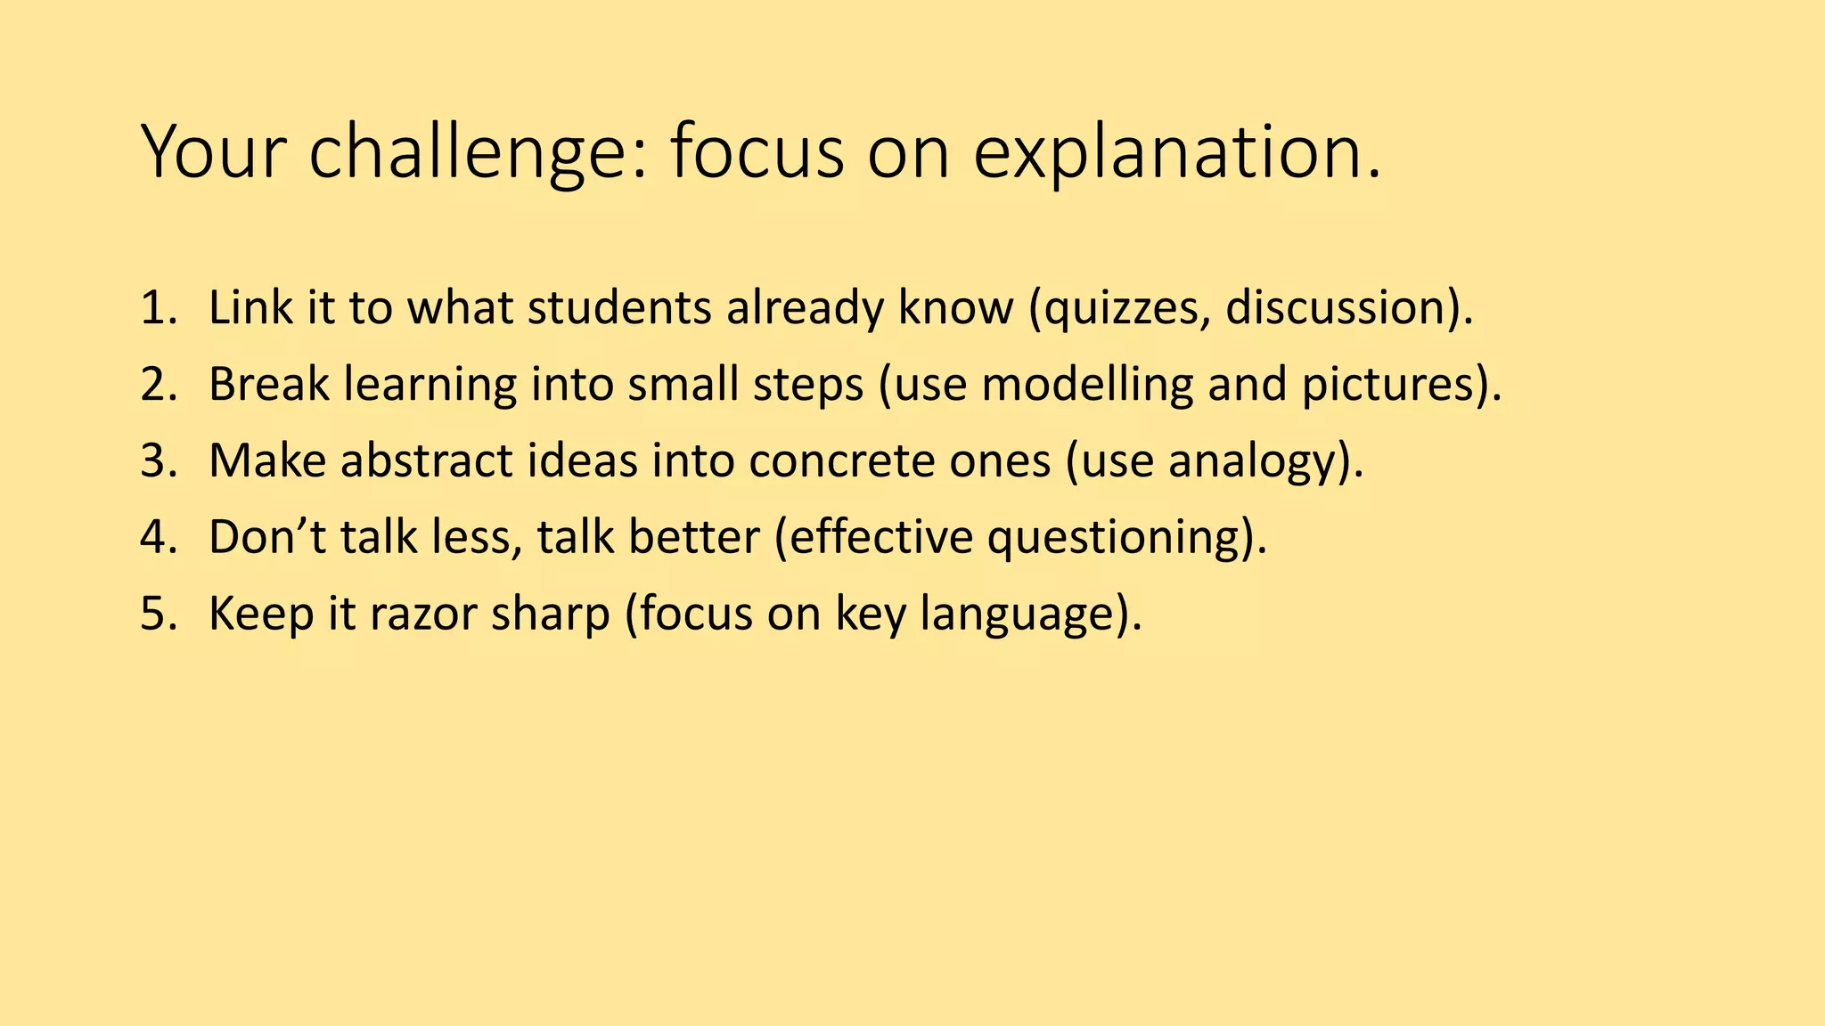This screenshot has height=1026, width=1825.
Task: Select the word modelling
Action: pyautogui.click(x=1087, y=385)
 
